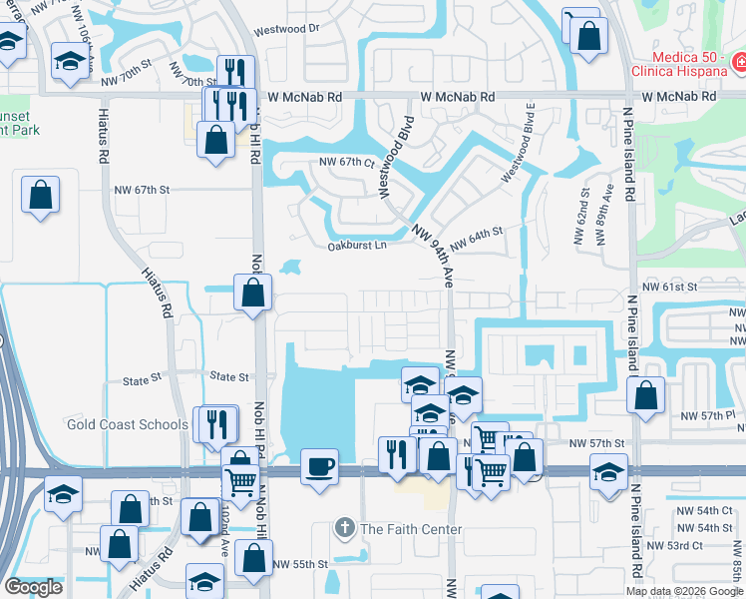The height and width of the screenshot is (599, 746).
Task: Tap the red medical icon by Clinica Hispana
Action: [x=739, y=65]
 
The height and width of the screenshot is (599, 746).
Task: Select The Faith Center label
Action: [x=411, y=529]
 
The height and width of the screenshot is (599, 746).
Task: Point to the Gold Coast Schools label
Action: [x=127, y=424]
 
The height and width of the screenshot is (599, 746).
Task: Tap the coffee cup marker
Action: [x=319, y=466]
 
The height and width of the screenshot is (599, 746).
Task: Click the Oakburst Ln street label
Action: [x=356, y=247]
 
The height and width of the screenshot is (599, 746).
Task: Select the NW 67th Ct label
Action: [x=346, y=162]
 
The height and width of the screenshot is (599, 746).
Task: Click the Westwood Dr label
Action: [x=286, y=29]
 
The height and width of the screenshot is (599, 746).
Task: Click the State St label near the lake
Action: [x=229, y=376]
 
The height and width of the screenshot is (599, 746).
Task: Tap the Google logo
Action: [x=34, y=587]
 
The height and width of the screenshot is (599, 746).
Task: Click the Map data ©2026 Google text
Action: [x=684, y=591]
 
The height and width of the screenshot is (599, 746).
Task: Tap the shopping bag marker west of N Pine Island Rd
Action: [x=646, y=394]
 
